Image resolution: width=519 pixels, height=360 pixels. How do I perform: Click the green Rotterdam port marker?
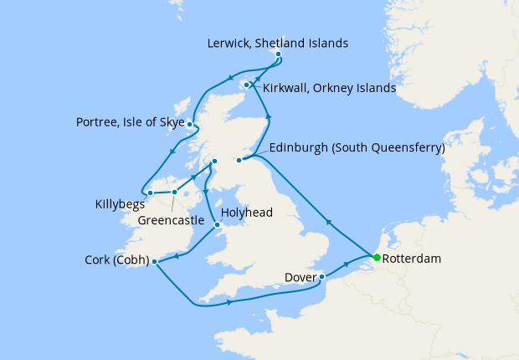pyautogui.click(x=377, y=257)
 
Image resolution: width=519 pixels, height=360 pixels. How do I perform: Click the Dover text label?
pyautogui.click(x=301, y=276)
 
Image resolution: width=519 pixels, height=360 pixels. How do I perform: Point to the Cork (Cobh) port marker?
pyautogui.click(x=155, y=261)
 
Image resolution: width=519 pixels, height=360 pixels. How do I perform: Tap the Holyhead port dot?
pyautogui.click(x=218, y=224)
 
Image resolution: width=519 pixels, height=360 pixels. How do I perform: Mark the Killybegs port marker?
pyautogui.click(x=150, y=193)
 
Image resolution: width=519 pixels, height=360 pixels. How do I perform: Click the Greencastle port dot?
pyautogui.click(x=174, y=193)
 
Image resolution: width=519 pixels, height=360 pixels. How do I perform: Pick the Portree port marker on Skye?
pyautogui.click(x=190, y=125)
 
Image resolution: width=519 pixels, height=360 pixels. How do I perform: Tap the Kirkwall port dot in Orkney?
pyautogui.click(x=247, y=85)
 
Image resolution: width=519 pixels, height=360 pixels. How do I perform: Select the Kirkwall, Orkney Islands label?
pyautogui.click(x=329, y=87)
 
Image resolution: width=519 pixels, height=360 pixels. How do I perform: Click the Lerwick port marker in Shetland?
pyautogui.click(x=278, y=55)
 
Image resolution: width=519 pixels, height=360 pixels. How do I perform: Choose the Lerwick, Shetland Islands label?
pyautogui.click(x=279, y=43)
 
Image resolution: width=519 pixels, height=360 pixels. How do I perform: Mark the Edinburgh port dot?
pyautogui.click(x=239, y=160)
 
